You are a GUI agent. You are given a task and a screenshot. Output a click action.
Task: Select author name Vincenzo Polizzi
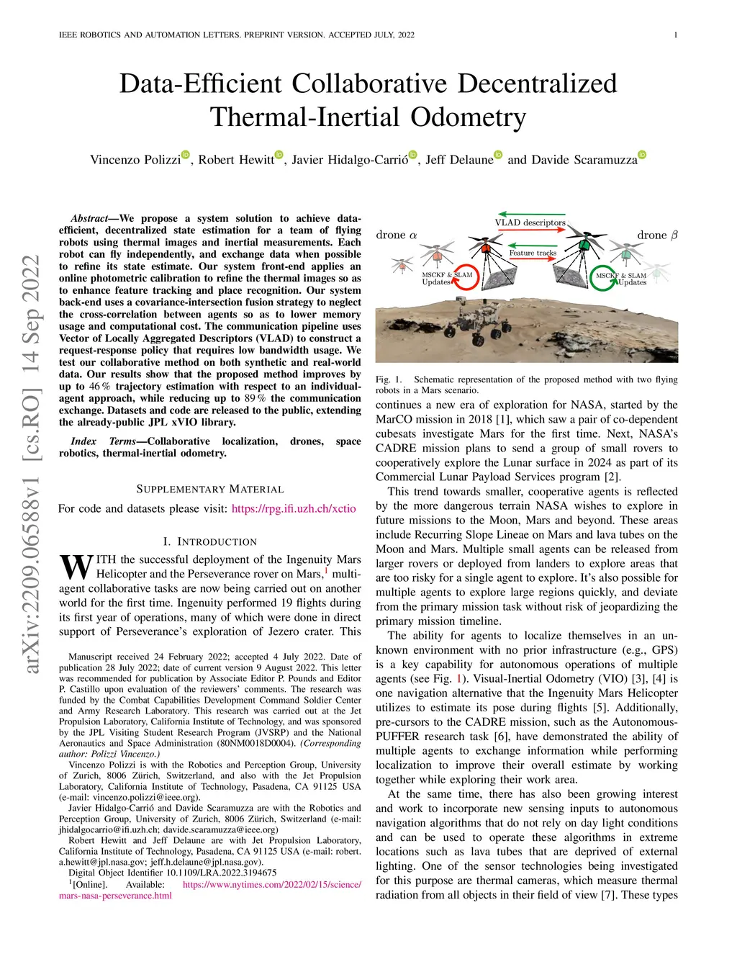(135, 160)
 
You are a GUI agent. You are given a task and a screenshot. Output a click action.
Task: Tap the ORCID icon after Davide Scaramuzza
(643, 155)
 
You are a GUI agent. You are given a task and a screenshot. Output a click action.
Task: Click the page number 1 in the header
(676, 35)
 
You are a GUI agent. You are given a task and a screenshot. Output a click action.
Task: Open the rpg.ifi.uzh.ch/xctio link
(294, 508)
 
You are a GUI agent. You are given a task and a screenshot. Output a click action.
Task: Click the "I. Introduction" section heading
(210, 541)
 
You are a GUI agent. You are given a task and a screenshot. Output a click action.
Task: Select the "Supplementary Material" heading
(210, 489)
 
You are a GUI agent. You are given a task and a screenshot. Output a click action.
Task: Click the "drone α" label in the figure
(397, 235)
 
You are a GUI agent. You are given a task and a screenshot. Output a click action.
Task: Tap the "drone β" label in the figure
(657, 235)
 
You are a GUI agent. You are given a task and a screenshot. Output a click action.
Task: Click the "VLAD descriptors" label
(530, 222)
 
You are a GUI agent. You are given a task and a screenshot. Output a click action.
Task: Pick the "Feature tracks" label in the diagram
(533, 253)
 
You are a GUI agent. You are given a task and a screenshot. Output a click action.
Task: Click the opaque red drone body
(486, 248)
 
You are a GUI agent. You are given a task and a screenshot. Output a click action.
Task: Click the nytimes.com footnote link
(272, 884)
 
